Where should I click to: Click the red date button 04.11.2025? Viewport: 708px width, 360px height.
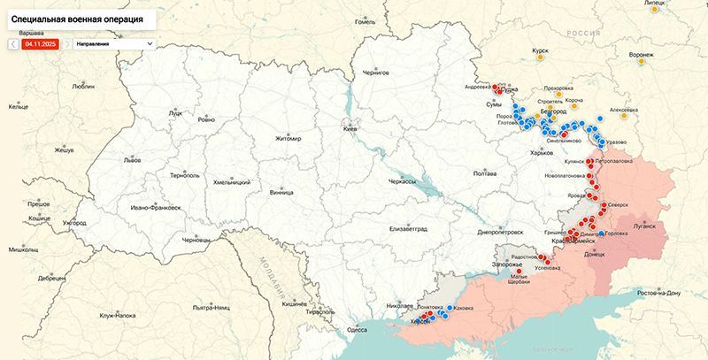41,42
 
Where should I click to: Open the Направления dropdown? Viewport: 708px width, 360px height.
113,42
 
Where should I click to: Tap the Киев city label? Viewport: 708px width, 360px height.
349,129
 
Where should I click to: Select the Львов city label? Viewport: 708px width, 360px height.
132,162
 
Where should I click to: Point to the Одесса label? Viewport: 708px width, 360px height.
357,329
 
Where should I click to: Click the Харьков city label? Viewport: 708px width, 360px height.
540,153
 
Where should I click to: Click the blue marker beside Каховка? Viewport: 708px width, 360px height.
450,309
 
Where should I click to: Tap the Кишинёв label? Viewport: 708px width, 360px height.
295,303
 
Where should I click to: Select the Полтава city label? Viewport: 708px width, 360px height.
484,173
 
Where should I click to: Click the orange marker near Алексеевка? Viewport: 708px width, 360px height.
624,119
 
